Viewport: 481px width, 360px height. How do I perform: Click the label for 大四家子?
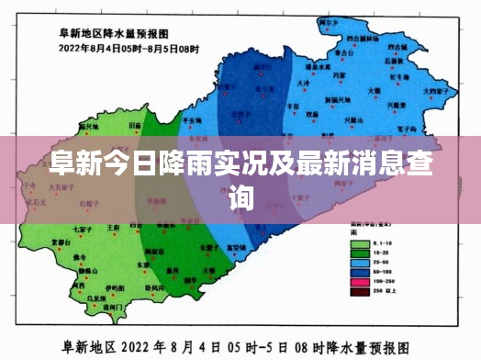click(434, 91)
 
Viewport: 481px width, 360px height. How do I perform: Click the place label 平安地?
click(193, 119)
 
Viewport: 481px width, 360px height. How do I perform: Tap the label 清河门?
click(117, 309)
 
